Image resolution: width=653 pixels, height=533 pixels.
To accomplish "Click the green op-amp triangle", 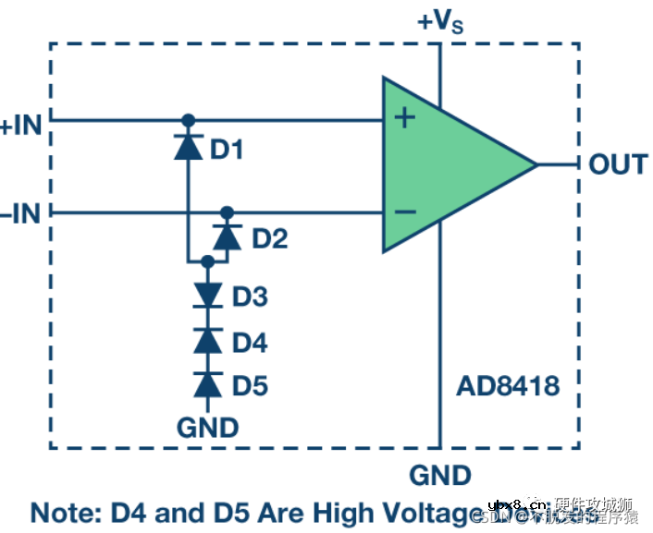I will click(x=444, y=164).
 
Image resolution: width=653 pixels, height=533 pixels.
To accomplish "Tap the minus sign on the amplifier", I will click(x=404, y=212).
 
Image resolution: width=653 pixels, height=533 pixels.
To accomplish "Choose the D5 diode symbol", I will click(x=207, y=383).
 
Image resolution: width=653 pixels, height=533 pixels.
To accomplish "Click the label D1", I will click(x=227, y=149).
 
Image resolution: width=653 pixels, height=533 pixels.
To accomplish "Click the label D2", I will click(x=269, y=239).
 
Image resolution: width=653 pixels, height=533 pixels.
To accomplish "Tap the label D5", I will click(x=250, y=385).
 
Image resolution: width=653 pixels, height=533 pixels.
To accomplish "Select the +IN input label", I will click(x=21, y=125).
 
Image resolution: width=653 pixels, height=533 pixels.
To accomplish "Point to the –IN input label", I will click(x=21, y=215).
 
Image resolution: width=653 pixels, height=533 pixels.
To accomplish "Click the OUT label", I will click(x=618, y=165).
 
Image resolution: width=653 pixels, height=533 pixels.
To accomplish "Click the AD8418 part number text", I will click(x=508, y=385).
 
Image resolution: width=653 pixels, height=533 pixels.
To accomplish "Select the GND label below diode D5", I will click(x=207, y=428).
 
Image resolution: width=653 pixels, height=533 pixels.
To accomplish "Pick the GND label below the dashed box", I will click(x=440, y=476).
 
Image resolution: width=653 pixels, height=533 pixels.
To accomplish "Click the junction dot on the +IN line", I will click(x=188, y=119).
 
